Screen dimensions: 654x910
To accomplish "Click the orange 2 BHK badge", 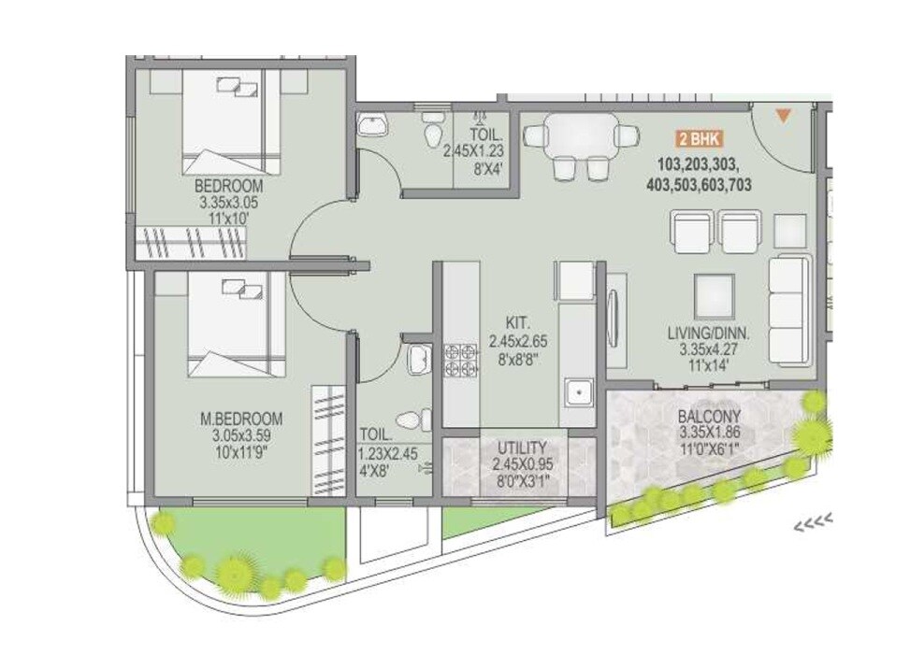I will tap(698, 140).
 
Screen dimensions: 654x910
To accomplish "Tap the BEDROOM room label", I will tap(229, 186).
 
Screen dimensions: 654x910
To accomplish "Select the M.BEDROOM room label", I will tap(240, 419).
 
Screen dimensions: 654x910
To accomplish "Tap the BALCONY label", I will tap(711, 418).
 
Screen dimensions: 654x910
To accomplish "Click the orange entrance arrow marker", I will tap(784, 116).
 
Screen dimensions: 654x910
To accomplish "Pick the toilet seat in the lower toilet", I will tap(412, 419).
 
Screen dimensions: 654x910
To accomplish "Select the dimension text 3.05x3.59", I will tap(240, 435).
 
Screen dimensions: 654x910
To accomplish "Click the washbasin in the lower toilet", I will tap(418, 356).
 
